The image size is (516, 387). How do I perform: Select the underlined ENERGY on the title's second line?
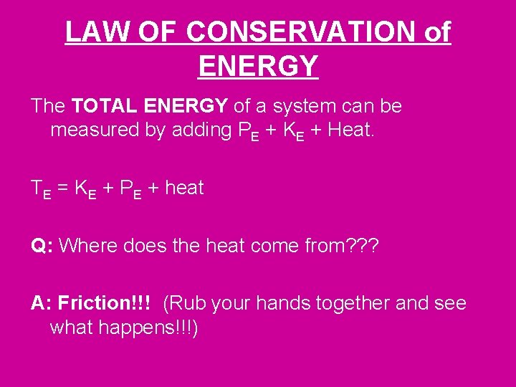click(x=258, y=66)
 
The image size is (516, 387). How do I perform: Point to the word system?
click(x=297, y=107)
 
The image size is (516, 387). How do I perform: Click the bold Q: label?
click(x=40, y=246)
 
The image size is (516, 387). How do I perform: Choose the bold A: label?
click(x=42, y=303)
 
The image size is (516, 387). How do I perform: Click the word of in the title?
click(x=437, y=32)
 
